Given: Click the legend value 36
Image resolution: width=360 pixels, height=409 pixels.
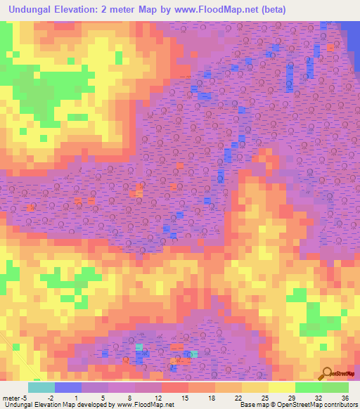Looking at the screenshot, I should (335, 398).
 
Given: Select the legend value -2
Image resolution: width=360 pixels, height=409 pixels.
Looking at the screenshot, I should (60, 398).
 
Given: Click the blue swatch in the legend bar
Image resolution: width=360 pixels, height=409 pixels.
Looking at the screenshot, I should (67, 387).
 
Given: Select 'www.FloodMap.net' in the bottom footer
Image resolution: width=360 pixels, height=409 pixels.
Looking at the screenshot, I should (144, 405).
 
